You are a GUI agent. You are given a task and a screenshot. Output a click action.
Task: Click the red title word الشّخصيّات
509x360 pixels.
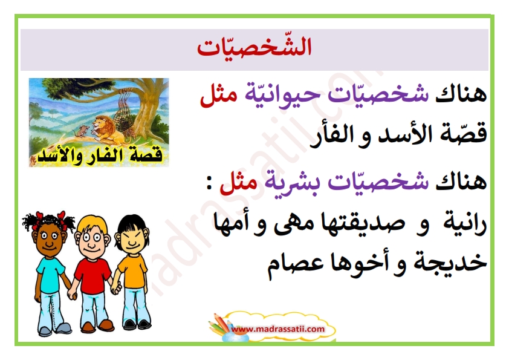pos(254,48)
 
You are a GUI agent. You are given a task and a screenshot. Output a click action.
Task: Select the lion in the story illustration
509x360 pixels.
pos(107,130)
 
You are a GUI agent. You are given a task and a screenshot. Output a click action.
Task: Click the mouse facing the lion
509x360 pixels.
pos(81,131)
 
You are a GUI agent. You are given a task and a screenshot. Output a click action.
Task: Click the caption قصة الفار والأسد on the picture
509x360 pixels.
pos(100,156)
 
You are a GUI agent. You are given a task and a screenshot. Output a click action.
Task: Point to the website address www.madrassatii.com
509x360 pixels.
pos(279,329)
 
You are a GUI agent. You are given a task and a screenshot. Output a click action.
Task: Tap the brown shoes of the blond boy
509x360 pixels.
pos(97,326)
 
